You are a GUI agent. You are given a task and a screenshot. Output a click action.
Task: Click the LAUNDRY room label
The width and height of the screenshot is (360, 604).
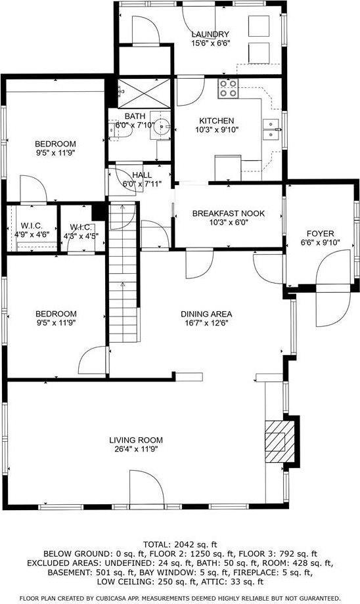tap(210, 34)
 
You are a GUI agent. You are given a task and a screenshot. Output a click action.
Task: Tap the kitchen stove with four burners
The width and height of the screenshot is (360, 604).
tap(228, 88)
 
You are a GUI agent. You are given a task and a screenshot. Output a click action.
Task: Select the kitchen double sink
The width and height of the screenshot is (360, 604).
tap(271, 129)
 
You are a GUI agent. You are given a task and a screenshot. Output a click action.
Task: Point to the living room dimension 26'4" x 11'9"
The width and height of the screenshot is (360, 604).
tap(136, 450)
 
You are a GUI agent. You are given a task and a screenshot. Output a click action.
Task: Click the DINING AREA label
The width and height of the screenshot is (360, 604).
tap(207, 314)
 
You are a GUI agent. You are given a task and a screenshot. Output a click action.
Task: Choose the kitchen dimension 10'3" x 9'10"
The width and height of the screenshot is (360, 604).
tap(217, 130)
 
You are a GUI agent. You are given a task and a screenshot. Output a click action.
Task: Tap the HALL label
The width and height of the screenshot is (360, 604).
tap(142, 175)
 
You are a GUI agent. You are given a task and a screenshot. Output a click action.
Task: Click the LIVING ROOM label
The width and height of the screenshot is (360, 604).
tap(136, 440)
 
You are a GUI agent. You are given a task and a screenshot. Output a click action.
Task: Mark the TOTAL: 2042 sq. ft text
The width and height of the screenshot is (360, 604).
tap(180, 544)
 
